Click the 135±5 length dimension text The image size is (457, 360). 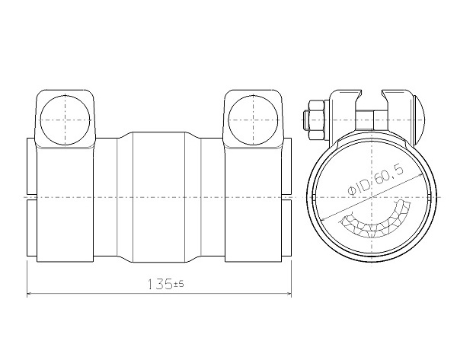coord(166,284)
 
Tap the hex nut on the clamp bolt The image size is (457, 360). coord(316,119)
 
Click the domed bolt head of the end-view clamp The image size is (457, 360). coord(420,119)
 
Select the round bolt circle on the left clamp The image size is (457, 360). coord(65,119)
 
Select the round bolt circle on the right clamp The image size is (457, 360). coord(253,119)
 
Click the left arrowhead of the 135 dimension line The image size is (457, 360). coord(29,294)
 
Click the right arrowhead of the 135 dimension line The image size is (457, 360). coord(289,294)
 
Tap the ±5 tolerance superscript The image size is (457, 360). coord(179,283)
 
